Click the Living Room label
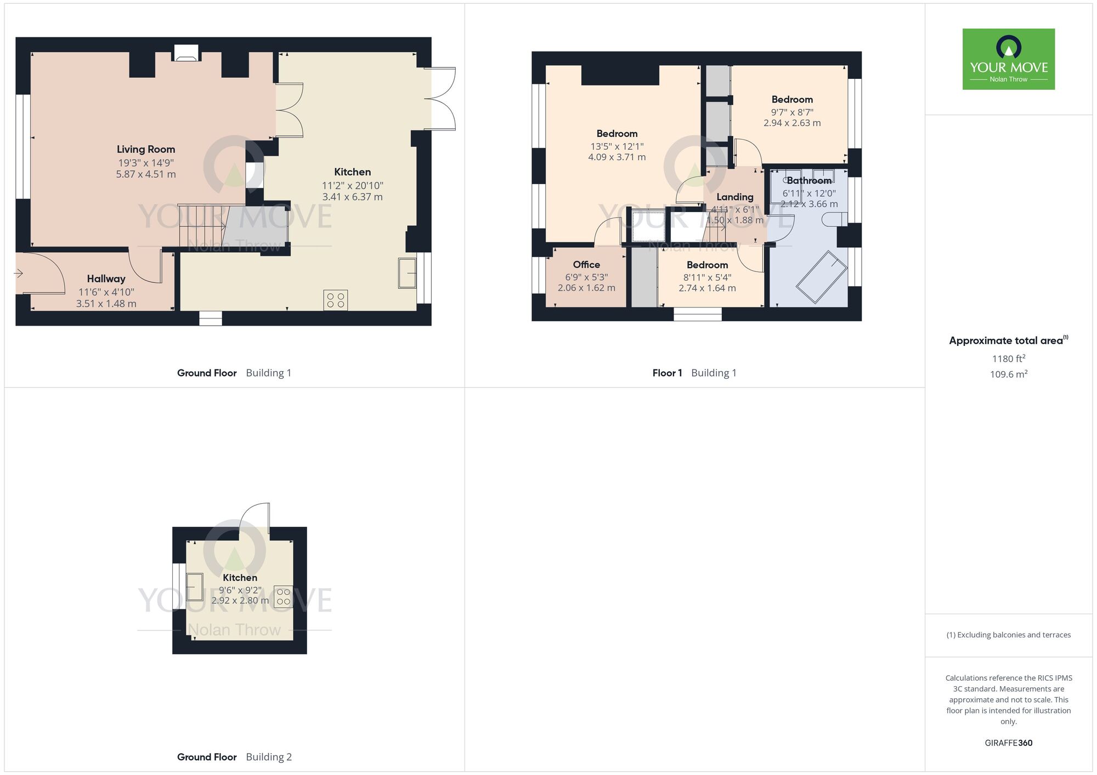tap(146, 149)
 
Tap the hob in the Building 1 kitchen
tap(335, 300)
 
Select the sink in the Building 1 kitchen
tap(407, 272)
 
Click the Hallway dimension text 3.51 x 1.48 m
tap(106, 304)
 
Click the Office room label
tap(586, 264)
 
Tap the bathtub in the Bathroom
tap(821, 276)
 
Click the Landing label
tap(734, 197)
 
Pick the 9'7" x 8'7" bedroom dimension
tap(792, 112)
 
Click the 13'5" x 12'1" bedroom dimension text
tap(617, 146)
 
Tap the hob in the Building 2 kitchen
tap(283, 596)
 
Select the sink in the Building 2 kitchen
tap(195, 586)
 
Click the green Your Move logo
tap(1008, 59)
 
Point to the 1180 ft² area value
tap(1008, 358)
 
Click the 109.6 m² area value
tap(1008, 374)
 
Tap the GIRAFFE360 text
tap(1008, 743)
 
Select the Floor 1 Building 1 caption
tap(694, 373)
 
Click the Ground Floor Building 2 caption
tap(234, 757)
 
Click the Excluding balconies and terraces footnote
tap(1008, 635)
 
